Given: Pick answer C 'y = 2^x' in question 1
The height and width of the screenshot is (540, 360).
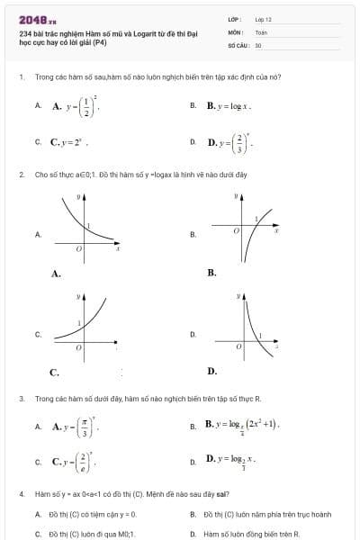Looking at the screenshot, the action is click(x=68, y=142).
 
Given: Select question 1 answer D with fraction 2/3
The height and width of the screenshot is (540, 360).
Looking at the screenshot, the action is click(x=230, y=142).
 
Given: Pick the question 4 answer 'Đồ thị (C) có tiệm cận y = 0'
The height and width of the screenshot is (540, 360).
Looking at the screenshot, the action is click(x=90, y=514).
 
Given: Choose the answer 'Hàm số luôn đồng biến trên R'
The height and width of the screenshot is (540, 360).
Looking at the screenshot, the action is click(x=238, y=533).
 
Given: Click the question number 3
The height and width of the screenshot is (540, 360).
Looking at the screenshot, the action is click(x=21, y=397).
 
